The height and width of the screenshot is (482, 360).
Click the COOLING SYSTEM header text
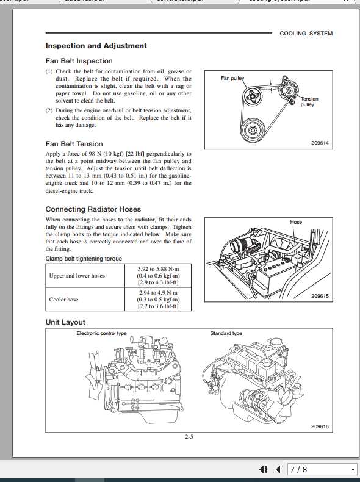pos(306,34)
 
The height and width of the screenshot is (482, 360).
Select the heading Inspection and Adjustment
pos(96,46)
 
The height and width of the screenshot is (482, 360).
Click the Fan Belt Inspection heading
pos(79,61)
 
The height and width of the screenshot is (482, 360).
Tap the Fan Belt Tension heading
pos(74,144)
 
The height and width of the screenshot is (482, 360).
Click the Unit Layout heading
pos(65,322)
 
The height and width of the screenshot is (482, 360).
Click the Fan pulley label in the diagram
pos(232,79)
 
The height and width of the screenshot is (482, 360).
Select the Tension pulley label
pos(309,102)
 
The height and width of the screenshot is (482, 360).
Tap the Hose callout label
pos(296,223)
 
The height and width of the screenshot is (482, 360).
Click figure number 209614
pos(320,143)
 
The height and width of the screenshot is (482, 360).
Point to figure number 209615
pos(320,297)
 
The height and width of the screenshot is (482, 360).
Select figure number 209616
pos(320,427)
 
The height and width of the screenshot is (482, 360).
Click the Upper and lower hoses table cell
pos(77,276)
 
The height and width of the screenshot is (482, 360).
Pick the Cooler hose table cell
pos(63,300)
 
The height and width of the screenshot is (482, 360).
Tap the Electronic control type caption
pos(101,334)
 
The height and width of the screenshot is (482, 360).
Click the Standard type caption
pos(226,334)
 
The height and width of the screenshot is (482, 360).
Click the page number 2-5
pos(189,437)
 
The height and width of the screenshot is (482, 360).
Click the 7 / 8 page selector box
pos(321,469)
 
